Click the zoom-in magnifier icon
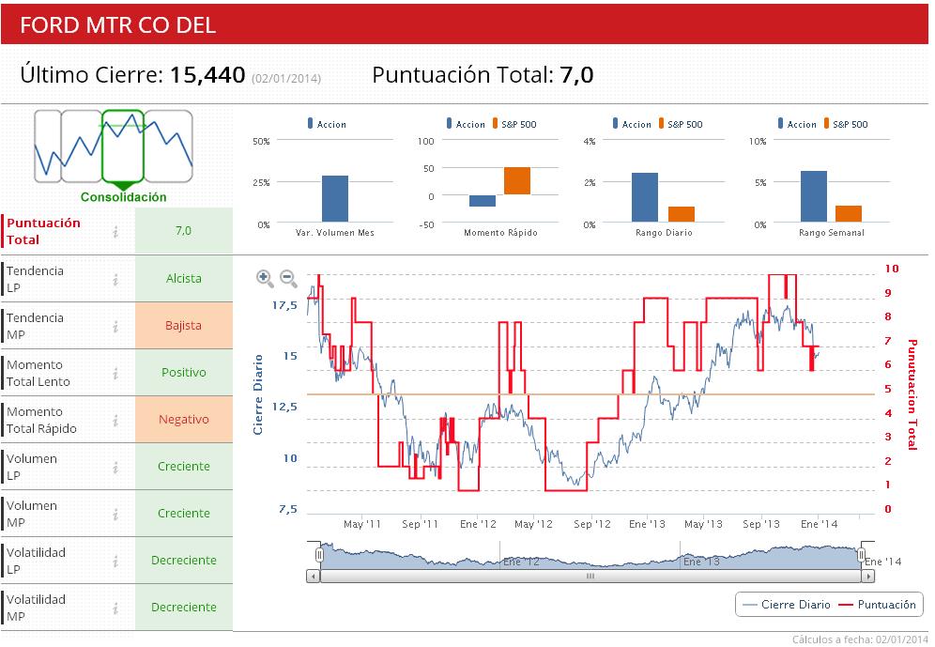pyautogui.click(x=265, y=279)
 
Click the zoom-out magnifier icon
pyautogui.click(x=288, y=279)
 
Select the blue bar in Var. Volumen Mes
pyautogui.click(x=335, y=198)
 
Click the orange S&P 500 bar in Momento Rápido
pyautogui.click(x=517, y=180)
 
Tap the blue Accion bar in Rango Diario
pyautogui.click(x=645, y=197)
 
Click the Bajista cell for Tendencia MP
pyautogui.click(x=184, y=326)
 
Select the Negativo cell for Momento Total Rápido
pyautogui.click(x=184, y=420)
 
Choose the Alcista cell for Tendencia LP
pyautogui.click(x=184, y=279)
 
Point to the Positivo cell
pyautogui.click(x=184, y=373)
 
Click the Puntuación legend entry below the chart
pyautogui.click(x=877, y=605)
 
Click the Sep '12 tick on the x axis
pyautogui.click(x=591, y=524)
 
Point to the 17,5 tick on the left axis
pyautogui.click(x=284, y=306)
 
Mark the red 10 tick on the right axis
pyautogui.click(x=892, y=270)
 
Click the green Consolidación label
pyautogui.click(x=123, y=197)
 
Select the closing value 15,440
pyautogui.click(x=207, y=76)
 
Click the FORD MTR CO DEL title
pyautogui.click(x=118, y=25)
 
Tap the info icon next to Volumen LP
pyautogui.click(x=115, y=467)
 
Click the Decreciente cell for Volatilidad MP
pyautogui.click(x=184, y=608)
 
